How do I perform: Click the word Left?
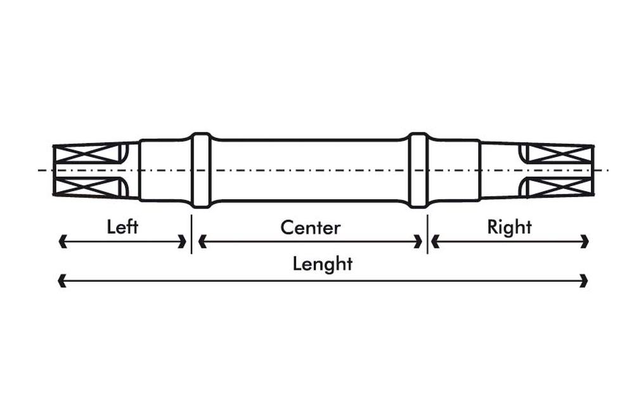122,227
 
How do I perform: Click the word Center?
310,227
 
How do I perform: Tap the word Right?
509,227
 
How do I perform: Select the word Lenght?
322,263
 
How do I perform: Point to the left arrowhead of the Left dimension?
61,241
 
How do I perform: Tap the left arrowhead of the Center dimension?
202,241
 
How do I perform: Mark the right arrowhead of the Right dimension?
586,241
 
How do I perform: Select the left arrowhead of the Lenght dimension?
61,280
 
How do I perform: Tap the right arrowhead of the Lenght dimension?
585,280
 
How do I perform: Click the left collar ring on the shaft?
201,170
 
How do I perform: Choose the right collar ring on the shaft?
418,170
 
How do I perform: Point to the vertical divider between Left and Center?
191,234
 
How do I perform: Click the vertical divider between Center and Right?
427,234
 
